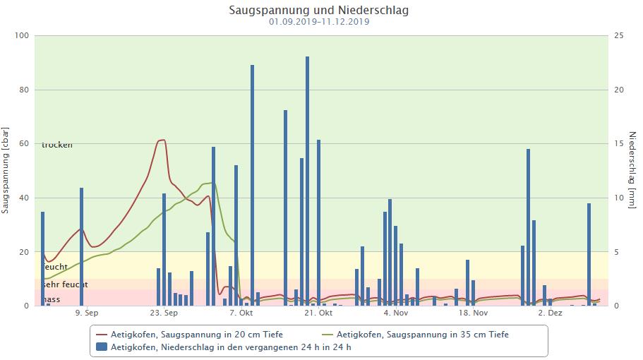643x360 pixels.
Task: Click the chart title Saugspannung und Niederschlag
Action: [318, 11]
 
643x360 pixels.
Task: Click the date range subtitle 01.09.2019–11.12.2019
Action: [318, 22]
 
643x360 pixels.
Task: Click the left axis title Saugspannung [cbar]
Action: [6, 171]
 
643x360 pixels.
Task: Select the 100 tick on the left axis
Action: [20, 36]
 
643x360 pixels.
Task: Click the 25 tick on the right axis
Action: [618, 36]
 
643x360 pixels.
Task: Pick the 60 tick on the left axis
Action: [23, 144]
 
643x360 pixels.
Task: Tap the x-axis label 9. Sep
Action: [87, 312]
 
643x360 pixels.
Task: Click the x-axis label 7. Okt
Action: [241, 312]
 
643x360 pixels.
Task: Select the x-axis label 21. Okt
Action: [318, 312]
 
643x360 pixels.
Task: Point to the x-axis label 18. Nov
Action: [473, 312]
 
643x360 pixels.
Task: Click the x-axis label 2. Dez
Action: [550, 312]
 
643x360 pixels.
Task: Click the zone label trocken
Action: [57, 145]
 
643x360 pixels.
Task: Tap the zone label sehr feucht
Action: [64, 284]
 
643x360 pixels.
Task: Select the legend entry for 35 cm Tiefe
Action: [422, 335]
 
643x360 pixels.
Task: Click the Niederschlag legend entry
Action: [231, 347]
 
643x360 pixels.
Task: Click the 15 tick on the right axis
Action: [618, 144]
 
